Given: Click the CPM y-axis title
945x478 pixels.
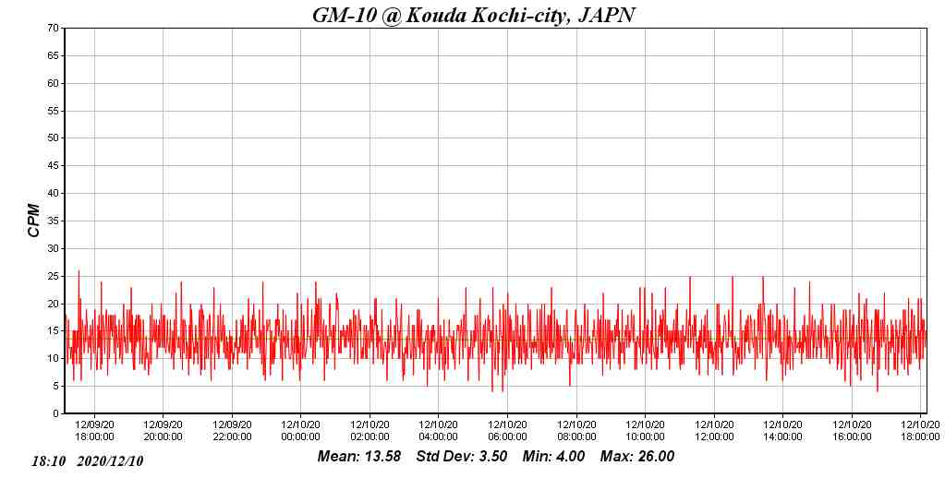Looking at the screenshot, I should pos(34,221).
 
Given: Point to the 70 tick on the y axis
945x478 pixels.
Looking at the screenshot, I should pos(54,29).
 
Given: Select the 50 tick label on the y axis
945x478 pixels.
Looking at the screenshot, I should pos(54,138).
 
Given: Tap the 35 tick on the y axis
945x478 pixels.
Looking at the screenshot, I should pos(54,221).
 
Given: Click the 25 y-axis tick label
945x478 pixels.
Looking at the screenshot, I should pos(54,276).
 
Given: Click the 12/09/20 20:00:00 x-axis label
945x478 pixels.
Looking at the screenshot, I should pos(164,431).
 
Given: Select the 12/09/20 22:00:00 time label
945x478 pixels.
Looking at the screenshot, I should pos(232,431).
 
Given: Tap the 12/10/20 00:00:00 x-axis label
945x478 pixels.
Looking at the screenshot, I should pos(300,431).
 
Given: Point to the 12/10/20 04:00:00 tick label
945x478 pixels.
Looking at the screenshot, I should pos(438,431).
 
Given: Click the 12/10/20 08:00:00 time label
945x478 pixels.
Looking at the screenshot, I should pos(576,431).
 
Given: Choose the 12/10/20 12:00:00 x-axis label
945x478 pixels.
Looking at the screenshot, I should pos(714,431).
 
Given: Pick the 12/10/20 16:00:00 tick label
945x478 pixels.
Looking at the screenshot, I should pos(852,431).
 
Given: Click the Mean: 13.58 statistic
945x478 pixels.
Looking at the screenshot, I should pos(358,456).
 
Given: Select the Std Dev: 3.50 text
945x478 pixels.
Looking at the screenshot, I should pos(462,456).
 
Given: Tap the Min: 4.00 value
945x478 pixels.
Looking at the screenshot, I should pos(553,456).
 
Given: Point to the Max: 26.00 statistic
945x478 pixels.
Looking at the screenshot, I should pos(637,456).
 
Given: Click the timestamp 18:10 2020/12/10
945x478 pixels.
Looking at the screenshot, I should pos(88,460).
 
